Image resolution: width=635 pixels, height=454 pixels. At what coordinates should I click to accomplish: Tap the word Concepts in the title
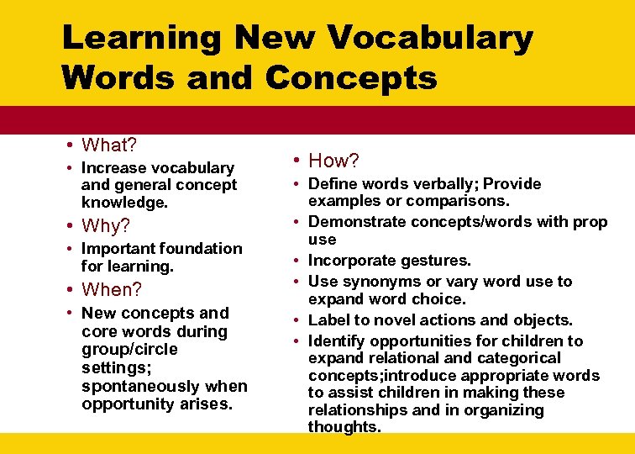[351, 77]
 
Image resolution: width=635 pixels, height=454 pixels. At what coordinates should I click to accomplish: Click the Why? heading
[106, 225]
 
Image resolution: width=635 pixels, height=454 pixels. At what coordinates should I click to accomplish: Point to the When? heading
[112, 290]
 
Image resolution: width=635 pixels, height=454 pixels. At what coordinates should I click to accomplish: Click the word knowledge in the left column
[123, 203]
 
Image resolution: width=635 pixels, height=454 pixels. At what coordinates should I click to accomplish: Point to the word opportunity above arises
[124, 404]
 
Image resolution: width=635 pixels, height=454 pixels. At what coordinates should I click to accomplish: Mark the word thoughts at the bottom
[344, 427]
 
